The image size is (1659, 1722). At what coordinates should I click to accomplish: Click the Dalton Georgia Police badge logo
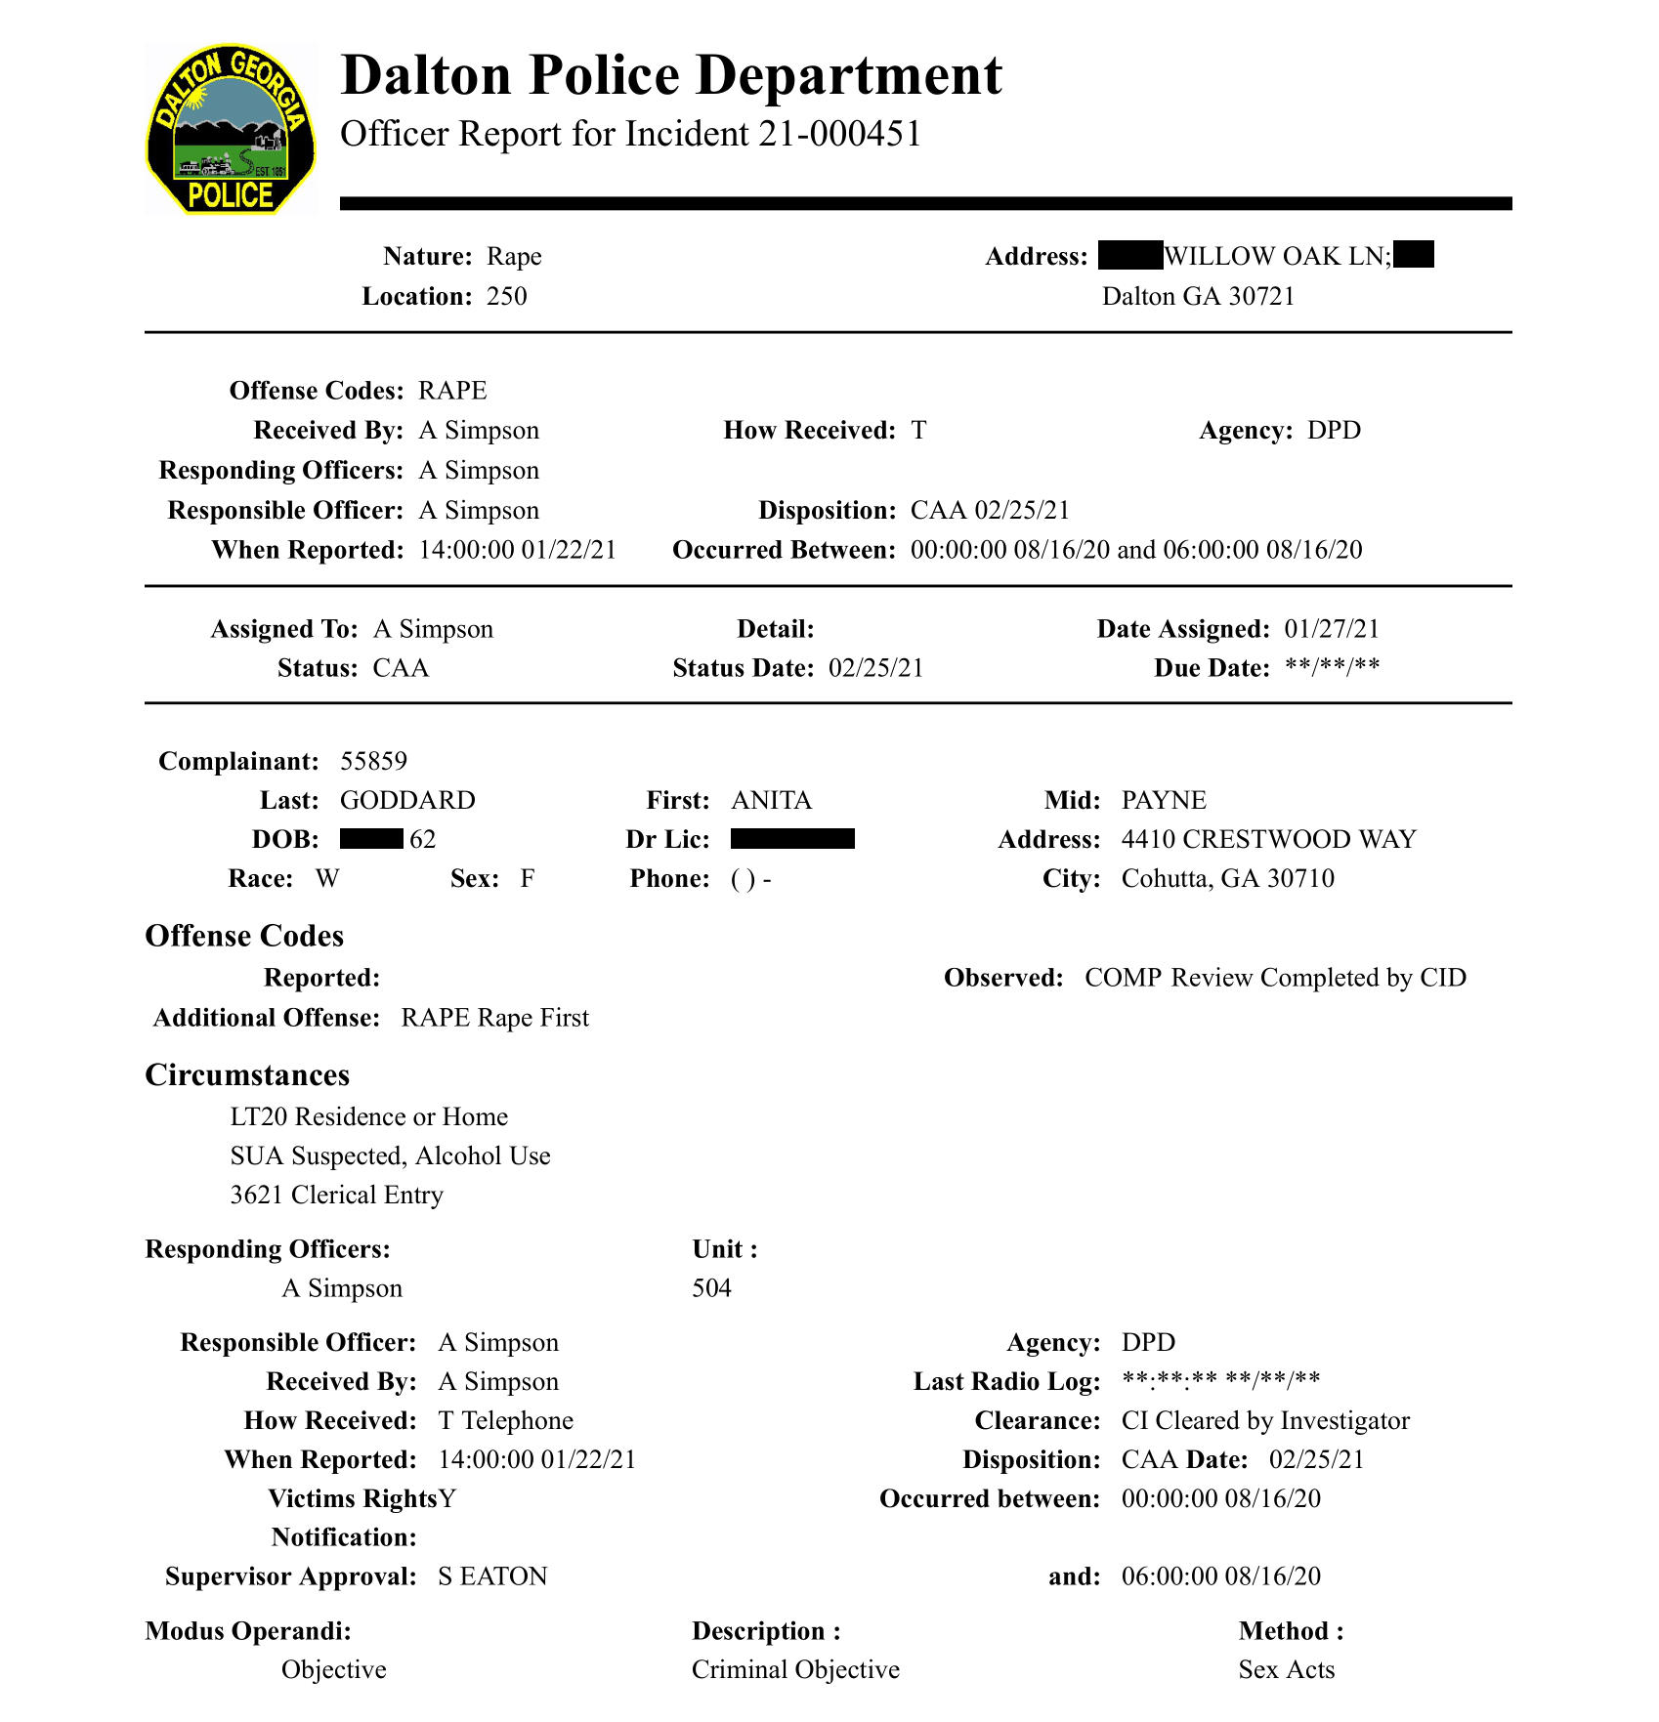(231, 129)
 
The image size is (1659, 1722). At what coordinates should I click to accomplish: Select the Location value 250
(506, 296)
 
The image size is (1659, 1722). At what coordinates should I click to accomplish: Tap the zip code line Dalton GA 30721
(1198, 296)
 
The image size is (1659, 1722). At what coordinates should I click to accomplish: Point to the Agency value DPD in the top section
(1334, 431)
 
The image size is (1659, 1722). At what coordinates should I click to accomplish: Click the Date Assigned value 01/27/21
(1332, 629)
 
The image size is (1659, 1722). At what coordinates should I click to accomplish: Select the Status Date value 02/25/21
(875, 668)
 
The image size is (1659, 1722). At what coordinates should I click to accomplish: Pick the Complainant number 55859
(373, 761)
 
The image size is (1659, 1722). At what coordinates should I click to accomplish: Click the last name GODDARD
(407, 800)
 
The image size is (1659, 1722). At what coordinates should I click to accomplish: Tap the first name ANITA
(771, 800)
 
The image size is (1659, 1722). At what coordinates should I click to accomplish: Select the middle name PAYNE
(1164, 800)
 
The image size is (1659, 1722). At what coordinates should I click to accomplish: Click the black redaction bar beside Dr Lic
(792, 839)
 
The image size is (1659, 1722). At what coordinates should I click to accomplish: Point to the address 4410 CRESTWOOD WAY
(1268, 839)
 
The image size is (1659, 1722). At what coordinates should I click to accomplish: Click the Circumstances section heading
(247, 1074)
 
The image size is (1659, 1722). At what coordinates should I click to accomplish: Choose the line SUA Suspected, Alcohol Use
(390, 1155)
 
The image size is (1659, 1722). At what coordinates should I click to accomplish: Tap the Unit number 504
(711, 1288)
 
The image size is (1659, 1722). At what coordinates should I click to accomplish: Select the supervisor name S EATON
(492, 1576)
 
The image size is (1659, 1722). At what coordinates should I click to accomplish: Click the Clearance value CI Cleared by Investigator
(1265, 1420)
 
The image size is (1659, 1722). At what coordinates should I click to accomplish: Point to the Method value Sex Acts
(1286, 1669)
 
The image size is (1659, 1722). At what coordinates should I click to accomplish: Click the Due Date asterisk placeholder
(1332, 668)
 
